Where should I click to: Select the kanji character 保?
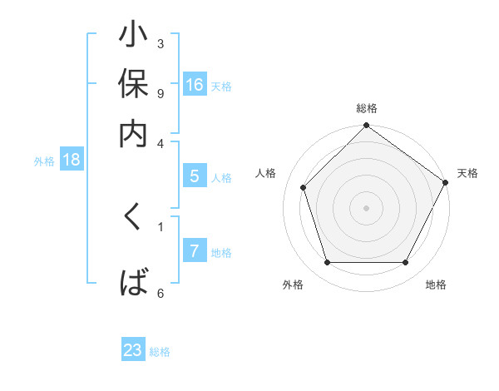point(134,87)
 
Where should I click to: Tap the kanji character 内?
point(134,132)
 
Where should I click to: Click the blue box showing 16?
point(195,84)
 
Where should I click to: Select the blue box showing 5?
point(195,176)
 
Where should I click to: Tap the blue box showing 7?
point(195,251)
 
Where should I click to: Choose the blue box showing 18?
point(72,160)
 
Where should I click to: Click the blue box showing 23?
point(133,350)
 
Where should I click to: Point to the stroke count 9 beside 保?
point(160,93)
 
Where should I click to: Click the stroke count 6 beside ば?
point(160,293)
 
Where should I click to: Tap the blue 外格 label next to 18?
point(44,161)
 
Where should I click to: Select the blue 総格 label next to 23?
point(160,352)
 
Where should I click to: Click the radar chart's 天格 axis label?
point(467,173)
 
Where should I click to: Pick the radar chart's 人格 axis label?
point(266,173)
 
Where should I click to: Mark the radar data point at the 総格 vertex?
point(366,126)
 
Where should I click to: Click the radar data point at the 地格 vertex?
point(406,263)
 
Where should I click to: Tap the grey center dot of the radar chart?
point(366,207)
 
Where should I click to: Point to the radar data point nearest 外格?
point(327,263)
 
